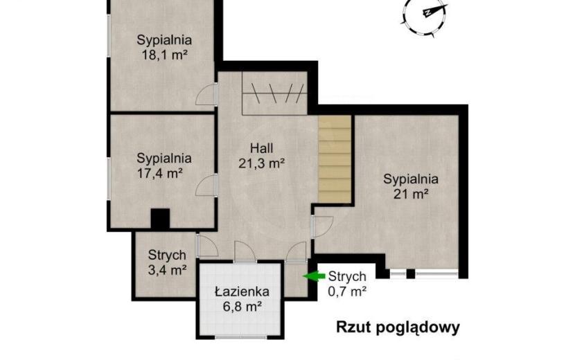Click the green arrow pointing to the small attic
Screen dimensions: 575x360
click(314, 276)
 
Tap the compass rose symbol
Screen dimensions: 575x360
click(425, 15)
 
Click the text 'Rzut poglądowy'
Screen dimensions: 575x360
click(398, 327)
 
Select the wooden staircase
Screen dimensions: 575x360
click(335, 159)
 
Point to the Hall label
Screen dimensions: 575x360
click(261, 148)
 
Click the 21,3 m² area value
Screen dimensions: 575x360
click(261, 163)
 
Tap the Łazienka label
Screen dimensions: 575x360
click(242, 291)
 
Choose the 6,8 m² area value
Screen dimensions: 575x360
click(242, 306)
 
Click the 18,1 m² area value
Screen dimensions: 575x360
click(164, 55)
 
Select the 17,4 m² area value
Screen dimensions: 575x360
click(160, 173)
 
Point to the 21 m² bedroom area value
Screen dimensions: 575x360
click(411, 194)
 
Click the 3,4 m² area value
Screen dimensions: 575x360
click(167, 270)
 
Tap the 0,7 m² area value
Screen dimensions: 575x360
click(347, 291)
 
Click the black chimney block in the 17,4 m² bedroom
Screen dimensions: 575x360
click(160, 219)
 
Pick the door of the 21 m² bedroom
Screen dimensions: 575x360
click(322, 227)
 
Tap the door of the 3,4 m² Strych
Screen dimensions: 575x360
click(208, 246)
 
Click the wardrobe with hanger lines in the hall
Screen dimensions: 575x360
click(274, 93)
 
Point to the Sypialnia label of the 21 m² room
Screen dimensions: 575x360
click(411, 179)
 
